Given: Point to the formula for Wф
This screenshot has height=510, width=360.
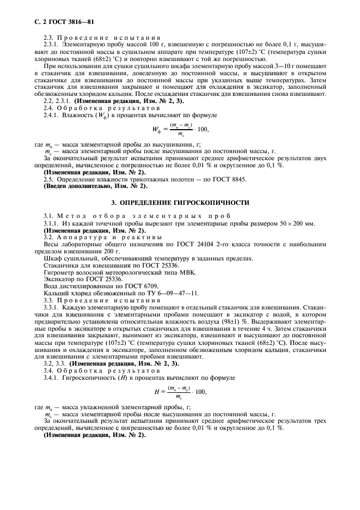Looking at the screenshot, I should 180,130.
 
